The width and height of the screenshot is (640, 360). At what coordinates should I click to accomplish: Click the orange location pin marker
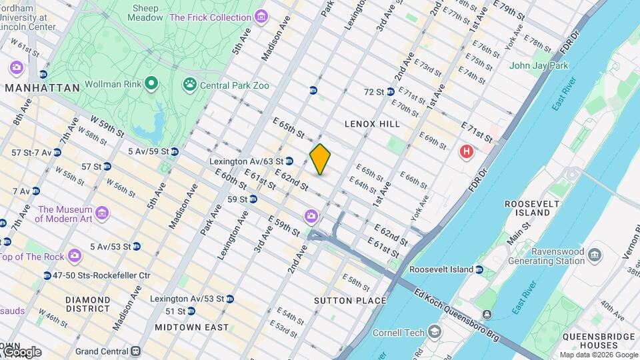[320, 159]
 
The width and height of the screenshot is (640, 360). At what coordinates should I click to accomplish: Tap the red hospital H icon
[467, 152]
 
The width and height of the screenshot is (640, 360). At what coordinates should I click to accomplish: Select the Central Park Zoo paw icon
[190, 85]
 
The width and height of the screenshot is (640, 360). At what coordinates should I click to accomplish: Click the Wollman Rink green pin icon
[152, 84]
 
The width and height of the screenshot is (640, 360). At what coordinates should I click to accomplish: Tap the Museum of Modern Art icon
[102, 213]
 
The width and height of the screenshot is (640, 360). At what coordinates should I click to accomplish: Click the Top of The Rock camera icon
[75, 256]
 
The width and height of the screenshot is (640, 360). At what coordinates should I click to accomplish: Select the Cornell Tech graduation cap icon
[435, 331]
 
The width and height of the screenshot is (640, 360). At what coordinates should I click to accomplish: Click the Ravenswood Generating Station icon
[595, 253]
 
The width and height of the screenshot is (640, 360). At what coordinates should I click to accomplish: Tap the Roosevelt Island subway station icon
[479, 269]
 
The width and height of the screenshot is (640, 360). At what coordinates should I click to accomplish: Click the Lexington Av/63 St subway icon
[289, 161]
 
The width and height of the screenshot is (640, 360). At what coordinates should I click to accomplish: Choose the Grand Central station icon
[136, 351]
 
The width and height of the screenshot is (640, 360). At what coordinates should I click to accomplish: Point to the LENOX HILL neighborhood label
[372, 124]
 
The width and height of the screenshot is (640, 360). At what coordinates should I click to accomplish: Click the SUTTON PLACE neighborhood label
[350, 301]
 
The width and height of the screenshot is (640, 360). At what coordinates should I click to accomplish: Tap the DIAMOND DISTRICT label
[88, 304]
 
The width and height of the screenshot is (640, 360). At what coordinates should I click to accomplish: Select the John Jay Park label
[539, 65]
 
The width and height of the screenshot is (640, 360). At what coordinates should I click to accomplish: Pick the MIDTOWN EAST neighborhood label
[191, 327]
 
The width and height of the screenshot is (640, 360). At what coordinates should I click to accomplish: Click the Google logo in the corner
[21, 351]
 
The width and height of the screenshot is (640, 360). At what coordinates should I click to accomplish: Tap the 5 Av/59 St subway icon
[175, 151]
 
